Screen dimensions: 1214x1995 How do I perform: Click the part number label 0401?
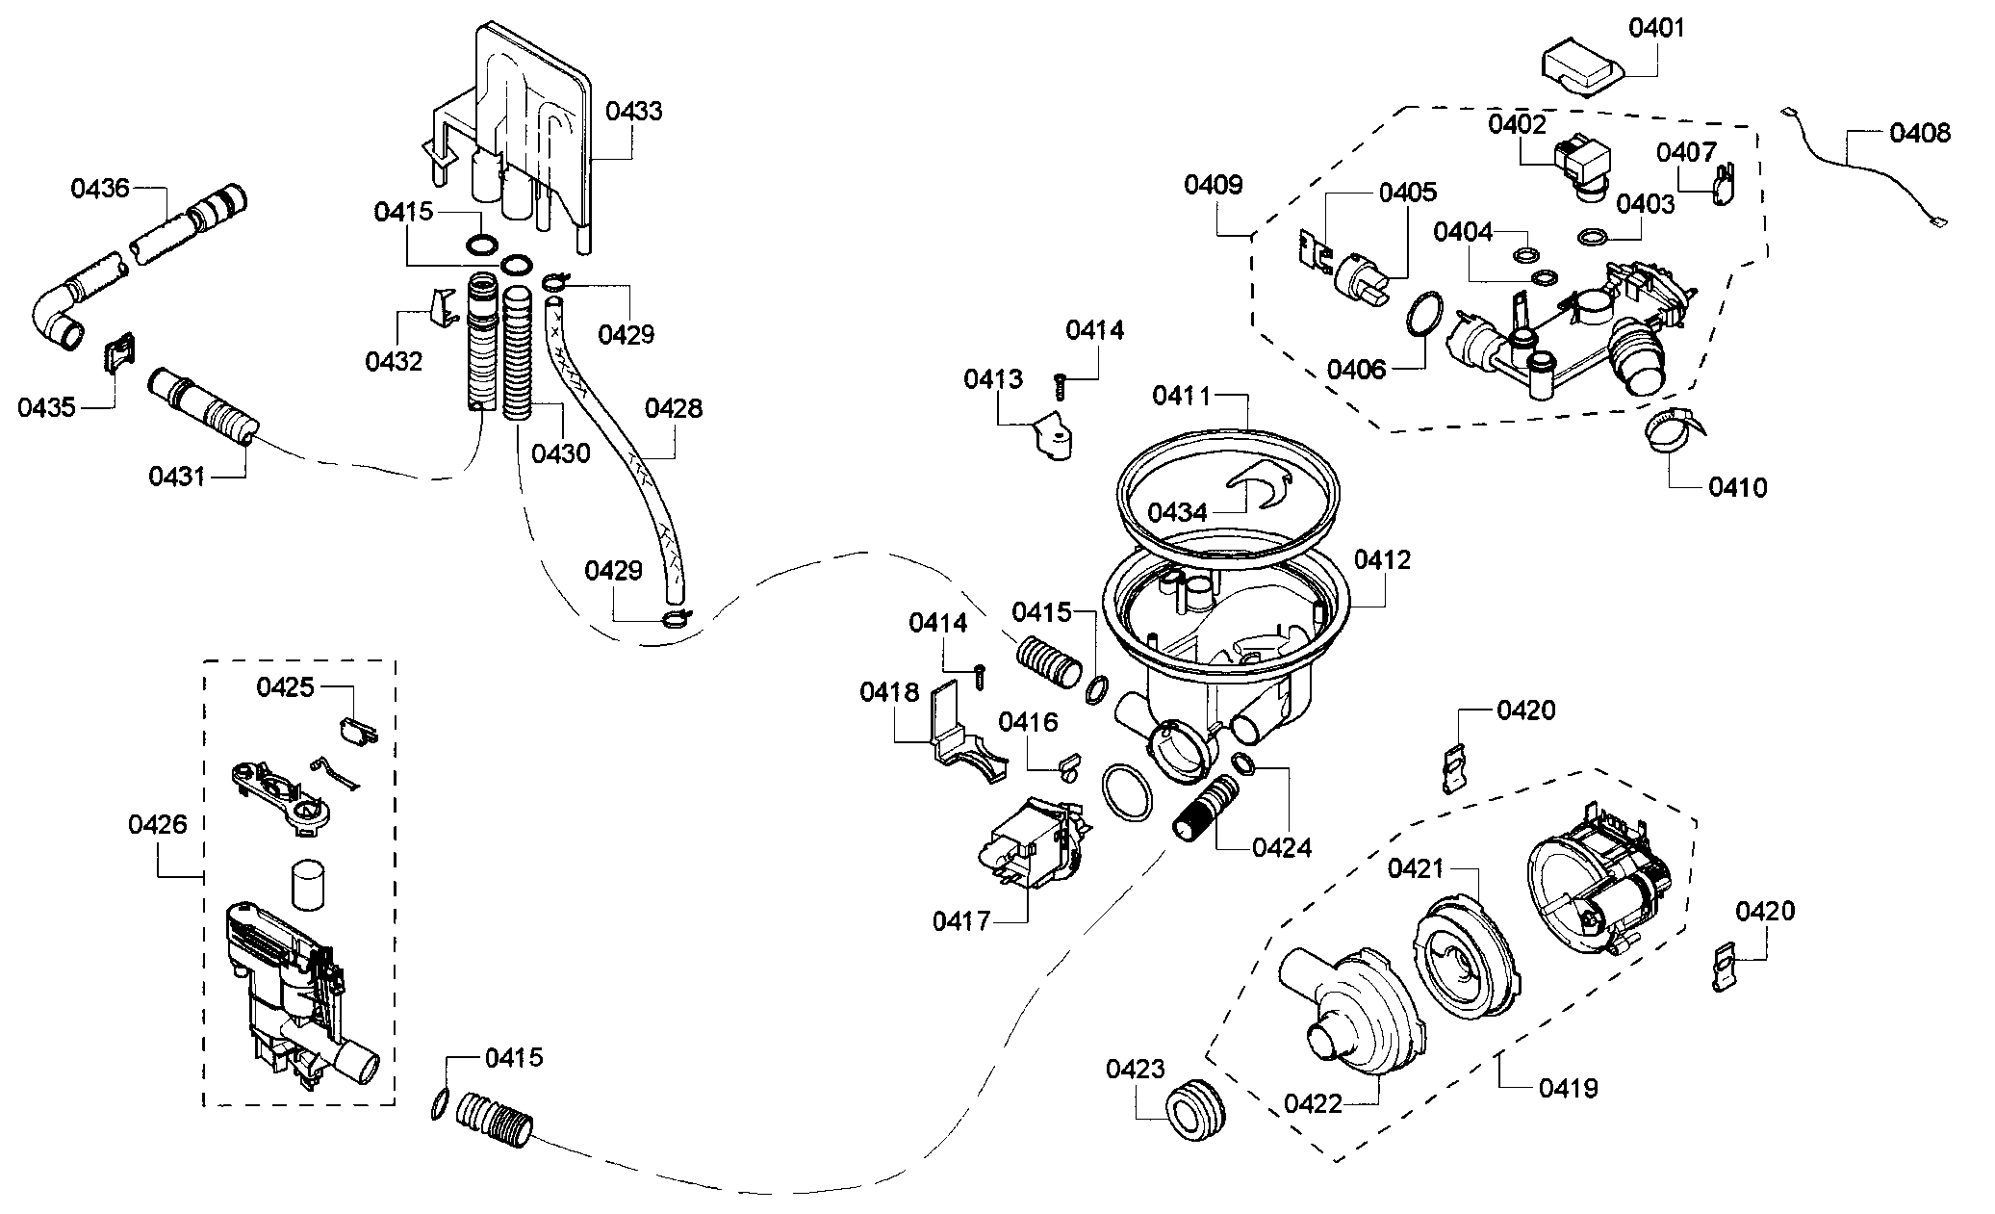pos(1656,28)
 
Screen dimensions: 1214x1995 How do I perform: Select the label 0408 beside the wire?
pos(1919,133)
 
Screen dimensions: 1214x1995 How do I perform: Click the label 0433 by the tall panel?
pos(633,112)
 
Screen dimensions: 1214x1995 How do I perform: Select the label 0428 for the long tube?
pos(673,408)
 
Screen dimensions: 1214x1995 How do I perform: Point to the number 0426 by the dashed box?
pos(157,824)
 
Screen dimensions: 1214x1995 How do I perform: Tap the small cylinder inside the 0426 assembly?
pos(307,884)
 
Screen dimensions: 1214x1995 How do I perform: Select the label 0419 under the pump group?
pos(1568,1088)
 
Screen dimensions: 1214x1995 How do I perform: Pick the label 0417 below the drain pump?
pos(960,921)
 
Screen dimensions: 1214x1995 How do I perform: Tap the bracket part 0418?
pos(962,746)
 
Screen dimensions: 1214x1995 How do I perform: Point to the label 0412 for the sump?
pos(1382,559)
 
